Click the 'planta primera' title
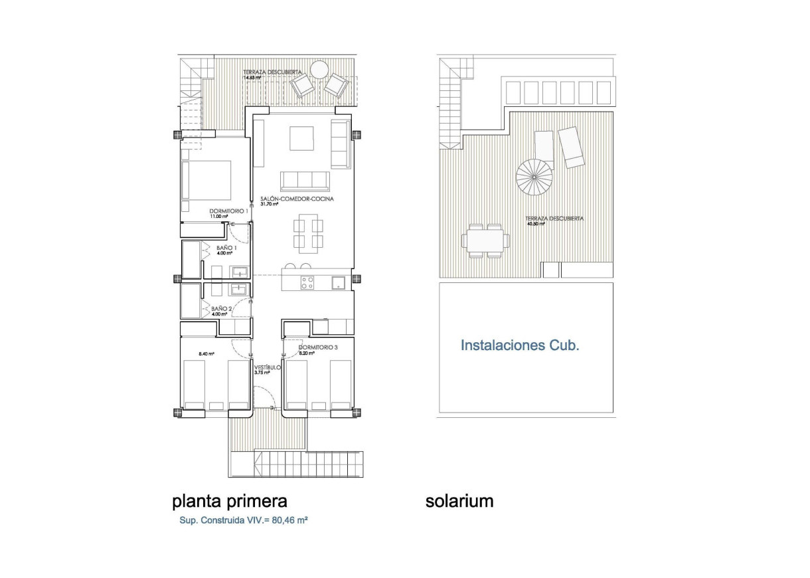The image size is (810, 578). tap(230, 500)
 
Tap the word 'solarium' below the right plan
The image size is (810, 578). tap(459, 501)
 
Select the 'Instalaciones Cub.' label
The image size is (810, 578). tap(520, 345)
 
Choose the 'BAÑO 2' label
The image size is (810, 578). tap(221, 309)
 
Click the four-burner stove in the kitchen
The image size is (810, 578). tap(307, 282)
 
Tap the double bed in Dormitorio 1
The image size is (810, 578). tap(206, 180)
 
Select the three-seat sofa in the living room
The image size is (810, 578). tap(305, 181)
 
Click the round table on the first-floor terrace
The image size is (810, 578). tap(319, 69)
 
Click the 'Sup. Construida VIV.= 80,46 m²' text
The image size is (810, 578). tap(243, 521)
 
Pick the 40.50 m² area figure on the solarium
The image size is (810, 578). tap(536, 225)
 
